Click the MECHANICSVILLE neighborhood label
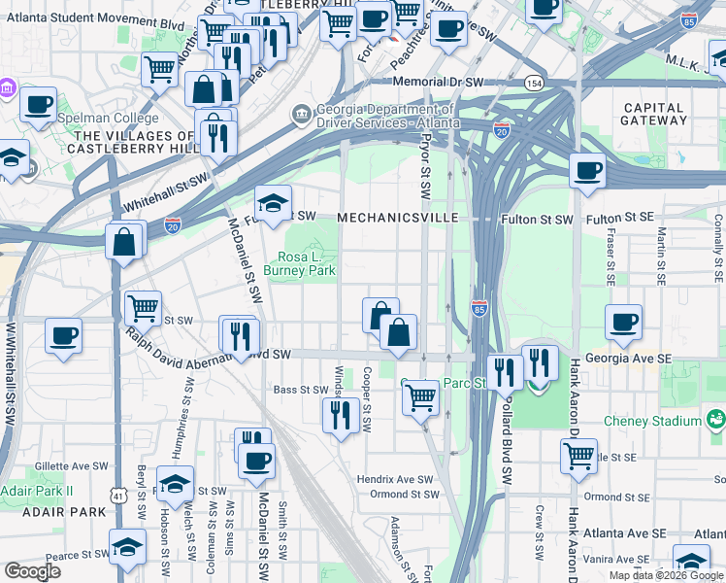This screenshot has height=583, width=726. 397,219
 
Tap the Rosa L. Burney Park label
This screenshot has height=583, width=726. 301,262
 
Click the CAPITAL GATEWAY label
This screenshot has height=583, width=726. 654,114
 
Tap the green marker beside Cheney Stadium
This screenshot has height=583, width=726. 716,420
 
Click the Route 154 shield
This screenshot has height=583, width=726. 533,84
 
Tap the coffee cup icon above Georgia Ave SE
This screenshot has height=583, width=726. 623,321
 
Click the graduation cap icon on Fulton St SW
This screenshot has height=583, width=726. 273,202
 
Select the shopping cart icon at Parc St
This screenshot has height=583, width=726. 420,395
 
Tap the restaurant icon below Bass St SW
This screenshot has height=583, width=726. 341,415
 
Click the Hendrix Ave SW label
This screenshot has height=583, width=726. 395,479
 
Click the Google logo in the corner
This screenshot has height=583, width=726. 33,571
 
